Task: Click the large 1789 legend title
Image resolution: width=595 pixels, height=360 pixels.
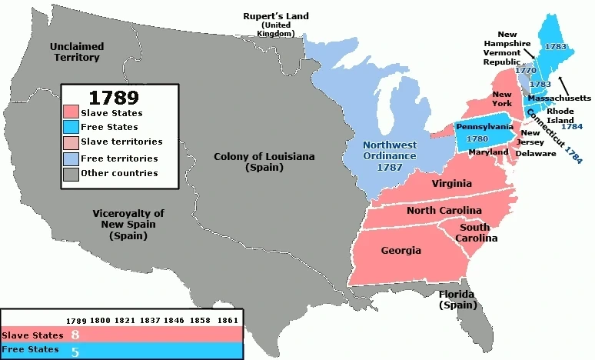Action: [113, 98]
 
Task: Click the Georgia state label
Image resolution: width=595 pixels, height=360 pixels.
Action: [401, 251]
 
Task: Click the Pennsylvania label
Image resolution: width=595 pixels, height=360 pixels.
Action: [484, 126]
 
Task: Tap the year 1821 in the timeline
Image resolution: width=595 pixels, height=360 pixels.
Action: [126, 319]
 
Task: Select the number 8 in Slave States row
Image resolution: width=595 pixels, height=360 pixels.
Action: [75, 335]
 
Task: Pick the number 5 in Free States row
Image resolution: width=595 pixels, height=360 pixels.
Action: [75, 351]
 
